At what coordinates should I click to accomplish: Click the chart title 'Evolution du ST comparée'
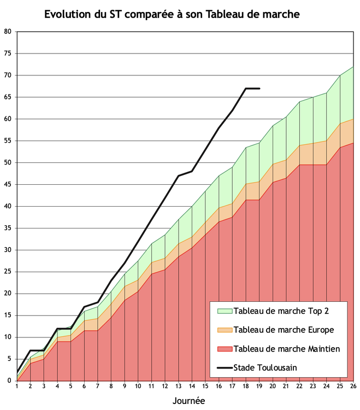click(x=172, y=14)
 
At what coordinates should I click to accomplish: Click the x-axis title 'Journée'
click(x=188, y=401)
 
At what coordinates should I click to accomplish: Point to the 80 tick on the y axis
click(x=8, y=32)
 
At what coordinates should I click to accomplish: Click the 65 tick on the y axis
click(x=8, y=97)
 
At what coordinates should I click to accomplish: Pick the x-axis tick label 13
click(x=179, y=386)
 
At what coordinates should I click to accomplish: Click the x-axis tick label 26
click(x=353, y=386)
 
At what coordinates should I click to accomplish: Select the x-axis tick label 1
click(x=17, y=386)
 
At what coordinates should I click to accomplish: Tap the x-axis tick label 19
click(x=259, y=386)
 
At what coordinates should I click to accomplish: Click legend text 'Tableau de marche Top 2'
click(x=281, y=312)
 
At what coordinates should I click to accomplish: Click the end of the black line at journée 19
click(x=259, y=89)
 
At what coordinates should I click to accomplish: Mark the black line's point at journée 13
click(x=179, y=176)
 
